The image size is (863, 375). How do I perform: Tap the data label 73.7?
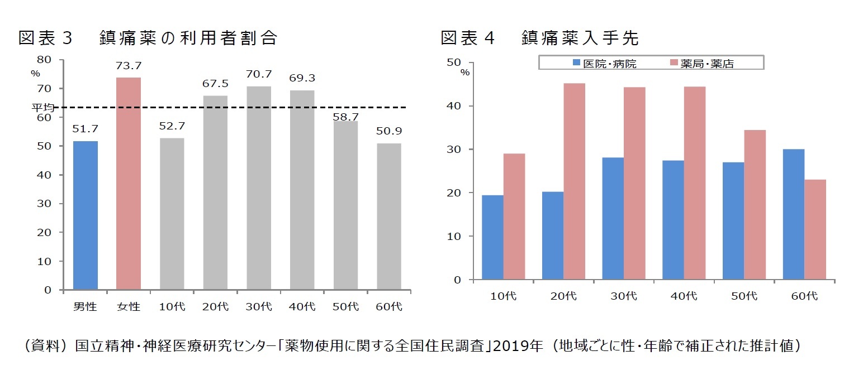129,66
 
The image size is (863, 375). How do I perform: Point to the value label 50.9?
389,132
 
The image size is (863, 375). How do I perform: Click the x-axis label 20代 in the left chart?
215,306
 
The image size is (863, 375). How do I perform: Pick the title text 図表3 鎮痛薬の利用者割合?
148,38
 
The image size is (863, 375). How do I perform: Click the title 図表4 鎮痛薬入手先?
539,38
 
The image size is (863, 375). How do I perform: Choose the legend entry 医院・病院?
603,64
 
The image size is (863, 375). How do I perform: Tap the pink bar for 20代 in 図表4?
574,181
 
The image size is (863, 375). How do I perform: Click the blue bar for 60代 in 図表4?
794,214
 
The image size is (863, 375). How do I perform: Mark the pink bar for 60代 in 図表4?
815,229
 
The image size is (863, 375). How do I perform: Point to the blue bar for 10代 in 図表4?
492,237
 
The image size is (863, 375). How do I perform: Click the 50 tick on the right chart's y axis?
453,62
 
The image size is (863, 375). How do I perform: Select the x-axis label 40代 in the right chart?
684,296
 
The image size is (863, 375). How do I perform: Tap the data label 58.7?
345,117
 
